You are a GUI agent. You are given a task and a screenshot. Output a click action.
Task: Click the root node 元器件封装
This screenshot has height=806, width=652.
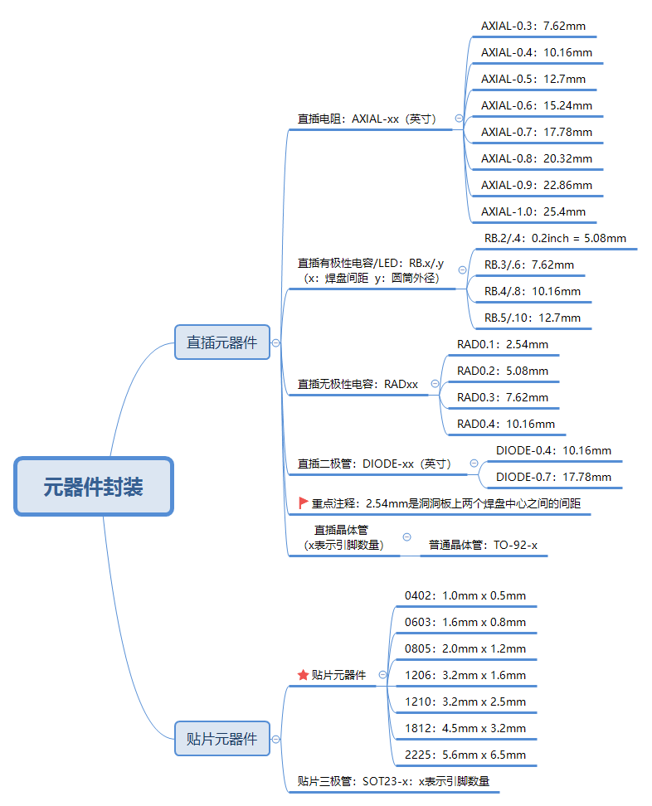[93, 486]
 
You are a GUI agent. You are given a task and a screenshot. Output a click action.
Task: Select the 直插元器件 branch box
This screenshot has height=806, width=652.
[222, 342]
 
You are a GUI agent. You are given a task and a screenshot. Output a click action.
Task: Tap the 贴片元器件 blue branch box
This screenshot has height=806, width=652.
[222, 738]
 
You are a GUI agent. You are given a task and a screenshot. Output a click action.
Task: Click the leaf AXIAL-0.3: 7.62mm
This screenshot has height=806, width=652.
[533, 26]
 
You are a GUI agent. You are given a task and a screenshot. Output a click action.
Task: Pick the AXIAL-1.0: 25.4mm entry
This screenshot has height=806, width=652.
[533, 211]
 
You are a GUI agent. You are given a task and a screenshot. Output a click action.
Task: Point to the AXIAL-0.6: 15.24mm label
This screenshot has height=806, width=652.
[537, 105]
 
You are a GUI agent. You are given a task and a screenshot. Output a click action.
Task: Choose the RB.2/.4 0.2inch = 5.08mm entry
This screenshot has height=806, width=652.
[555, 238]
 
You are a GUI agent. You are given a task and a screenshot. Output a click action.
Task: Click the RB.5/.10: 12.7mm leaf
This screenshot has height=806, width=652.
[533, 318]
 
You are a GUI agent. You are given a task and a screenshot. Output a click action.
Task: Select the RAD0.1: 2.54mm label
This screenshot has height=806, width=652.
[503, 344]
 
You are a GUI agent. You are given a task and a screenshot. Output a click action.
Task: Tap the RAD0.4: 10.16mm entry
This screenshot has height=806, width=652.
[506, 424]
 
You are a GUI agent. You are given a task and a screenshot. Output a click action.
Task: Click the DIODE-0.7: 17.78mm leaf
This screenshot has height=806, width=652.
[553, 477]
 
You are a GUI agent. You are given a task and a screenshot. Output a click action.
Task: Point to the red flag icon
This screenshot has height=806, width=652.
[304, 503]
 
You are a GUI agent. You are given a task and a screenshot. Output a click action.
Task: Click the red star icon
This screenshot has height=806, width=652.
[303, 675]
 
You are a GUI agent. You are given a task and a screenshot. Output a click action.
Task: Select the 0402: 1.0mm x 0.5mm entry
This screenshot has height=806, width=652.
[465, 595]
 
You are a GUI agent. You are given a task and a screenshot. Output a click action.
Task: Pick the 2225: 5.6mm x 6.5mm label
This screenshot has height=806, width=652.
[465, 755]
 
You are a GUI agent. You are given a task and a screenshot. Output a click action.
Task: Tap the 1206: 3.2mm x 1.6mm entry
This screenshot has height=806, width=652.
[465, 675]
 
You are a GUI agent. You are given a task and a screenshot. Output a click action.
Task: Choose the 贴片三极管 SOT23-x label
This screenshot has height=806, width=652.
[393, 780]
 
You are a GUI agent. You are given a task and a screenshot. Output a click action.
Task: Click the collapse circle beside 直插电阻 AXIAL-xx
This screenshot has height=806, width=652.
[459, 119]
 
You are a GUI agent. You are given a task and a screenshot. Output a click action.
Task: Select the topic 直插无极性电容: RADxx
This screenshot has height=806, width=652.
[358, 384]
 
